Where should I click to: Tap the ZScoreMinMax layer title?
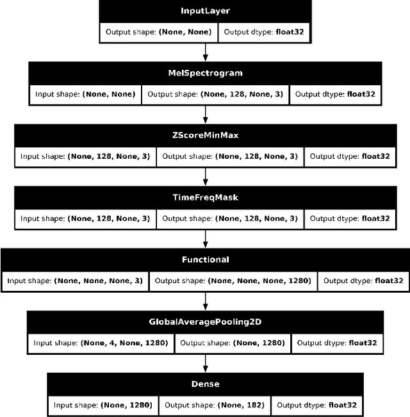[205, 136]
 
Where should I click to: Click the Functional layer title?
[205, 260]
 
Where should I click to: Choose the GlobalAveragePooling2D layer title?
[205, 322]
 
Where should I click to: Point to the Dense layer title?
[205, 384]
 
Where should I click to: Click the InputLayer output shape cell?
[158, 32]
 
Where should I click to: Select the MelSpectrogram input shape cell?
[85, 94]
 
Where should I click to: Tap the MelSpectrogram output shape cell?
[215, 94]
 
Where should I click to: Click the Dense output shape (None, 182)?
[214, 405]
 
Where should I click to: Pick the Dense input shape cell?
[102, 405]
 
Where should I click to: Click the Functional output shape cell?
[233, 281]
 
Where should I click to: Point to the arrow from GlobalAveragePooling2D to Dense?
[205, 363]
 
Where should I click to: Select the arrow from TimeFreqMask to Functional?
[205, 239]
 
